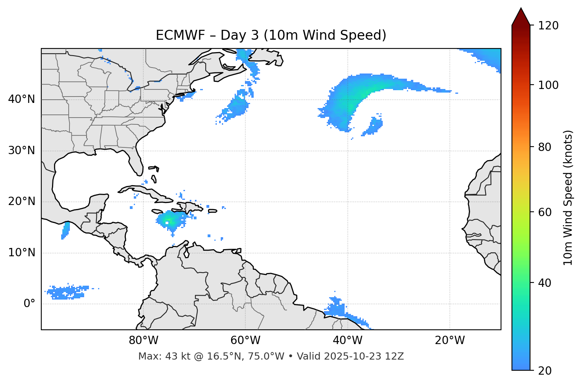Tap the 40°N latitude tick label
pyautogui.click(x=21, y=99)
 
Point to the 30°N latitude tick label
pyautogui.click(x=21, y=151)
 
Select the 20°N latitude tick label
pyautogui.click(x=21, y=201)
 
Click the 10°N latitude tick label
pyautogui.click(x=21, y=253)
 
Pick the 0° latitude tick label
pyautogui.click(x=29, y=304)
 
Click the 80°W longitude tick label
pyautogui.click(x=143, y=341)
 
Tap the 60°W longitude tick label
pyautogui.click(x=245, y=341)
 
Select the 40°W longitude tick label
pyautogui.click(x=348, y=341)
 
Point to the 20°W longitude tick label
pyautogui.click(x=450, y=341)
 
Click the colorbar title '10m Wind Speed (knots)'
pyautogui.click(x=568, y=197)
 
